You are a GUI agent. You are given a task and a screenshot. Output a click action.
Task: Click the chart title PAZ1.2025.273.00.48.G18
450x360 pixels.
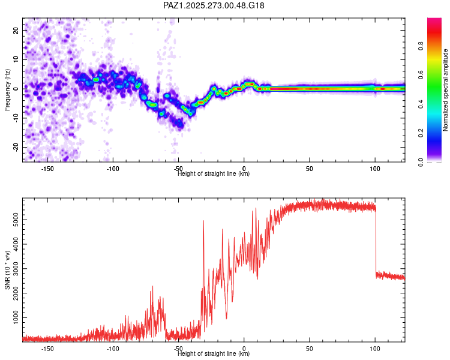point(214,5)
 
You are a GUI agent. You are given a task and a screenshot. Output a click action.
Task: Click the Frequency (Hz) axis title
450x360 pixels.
point(7,90)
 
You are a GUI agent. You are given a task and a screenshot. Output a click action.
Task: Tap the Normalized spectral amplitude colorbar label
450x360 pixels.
point(446,90)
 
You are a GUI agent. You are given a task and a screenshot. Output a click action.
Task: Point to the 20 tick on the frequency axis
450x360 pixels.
point(16,29)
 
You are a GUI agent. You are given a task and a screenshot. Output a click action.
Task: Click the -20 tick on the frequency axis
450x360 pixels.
point(15,147)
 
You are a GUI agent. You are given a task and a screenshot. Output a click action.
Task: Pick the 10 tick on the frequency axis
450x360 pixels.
point(16,59)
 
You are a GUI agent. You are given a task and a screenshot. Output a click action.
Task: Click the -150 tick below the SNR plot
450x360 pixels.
point(47,349)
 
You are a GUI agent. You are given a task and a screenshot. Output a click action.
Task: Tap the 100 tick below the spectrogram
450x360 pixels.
point(375,169)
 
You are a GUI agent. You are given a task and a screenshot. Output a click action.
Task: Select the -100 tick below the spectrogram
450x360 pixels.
point(113,169)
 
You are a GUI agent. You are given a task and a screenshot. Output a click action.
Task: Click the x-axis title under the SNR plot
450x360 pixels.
point(214,355)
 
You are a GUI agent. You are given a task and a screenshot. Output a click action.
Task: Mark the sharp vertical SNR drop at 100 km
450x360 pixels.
point(376,240)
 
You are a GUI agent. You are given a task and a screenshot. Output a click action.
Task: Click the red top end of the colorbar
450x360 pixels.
point(434,21)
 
